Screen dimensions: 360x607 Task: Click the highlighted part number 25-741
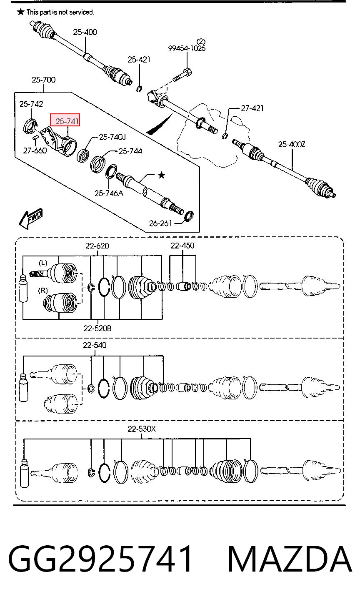[x=67, y=121]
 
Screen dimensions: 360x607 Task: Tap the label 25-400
[x=85, y=32]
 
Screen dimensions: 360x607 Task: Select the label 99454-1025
[x=187, y=48]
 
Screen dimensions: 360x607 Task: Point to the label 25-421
[x=139, y=60]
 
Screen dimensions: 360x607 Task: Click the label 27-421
[x=252, y=108]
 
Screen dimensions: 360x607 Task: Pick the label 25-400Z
[x=292, y=144]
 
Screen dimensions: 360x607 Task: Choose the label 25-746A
[x=109, y=193]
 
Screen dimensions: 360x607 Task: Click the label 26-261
[x=160, y=223]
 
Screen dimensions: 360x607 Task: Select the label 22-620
[x=97, y=246]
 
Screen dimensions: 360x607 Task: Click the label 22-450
[x=182, y=246]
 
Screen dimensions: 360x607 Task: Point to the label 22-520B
[x=97, y=329]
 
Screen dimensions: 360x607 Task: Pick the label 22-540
[x=95, y=345]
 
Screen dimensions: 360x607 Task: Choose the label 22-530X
[x=142, y=429]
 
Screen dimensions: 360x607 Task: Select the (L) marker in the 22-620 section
[x=43, y=263]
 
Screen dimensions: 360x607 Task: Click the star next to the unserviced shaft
[x=162, y=175]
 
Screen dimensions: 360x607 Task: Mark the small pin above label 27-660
[x=35, y=138]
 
